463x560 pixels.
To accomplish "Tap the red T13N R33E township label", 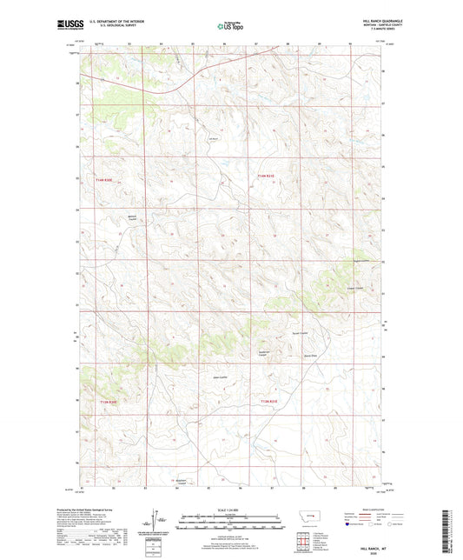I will click(267, 402).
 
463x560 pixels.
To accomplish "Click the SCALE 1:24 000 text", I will click(231, 510).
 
